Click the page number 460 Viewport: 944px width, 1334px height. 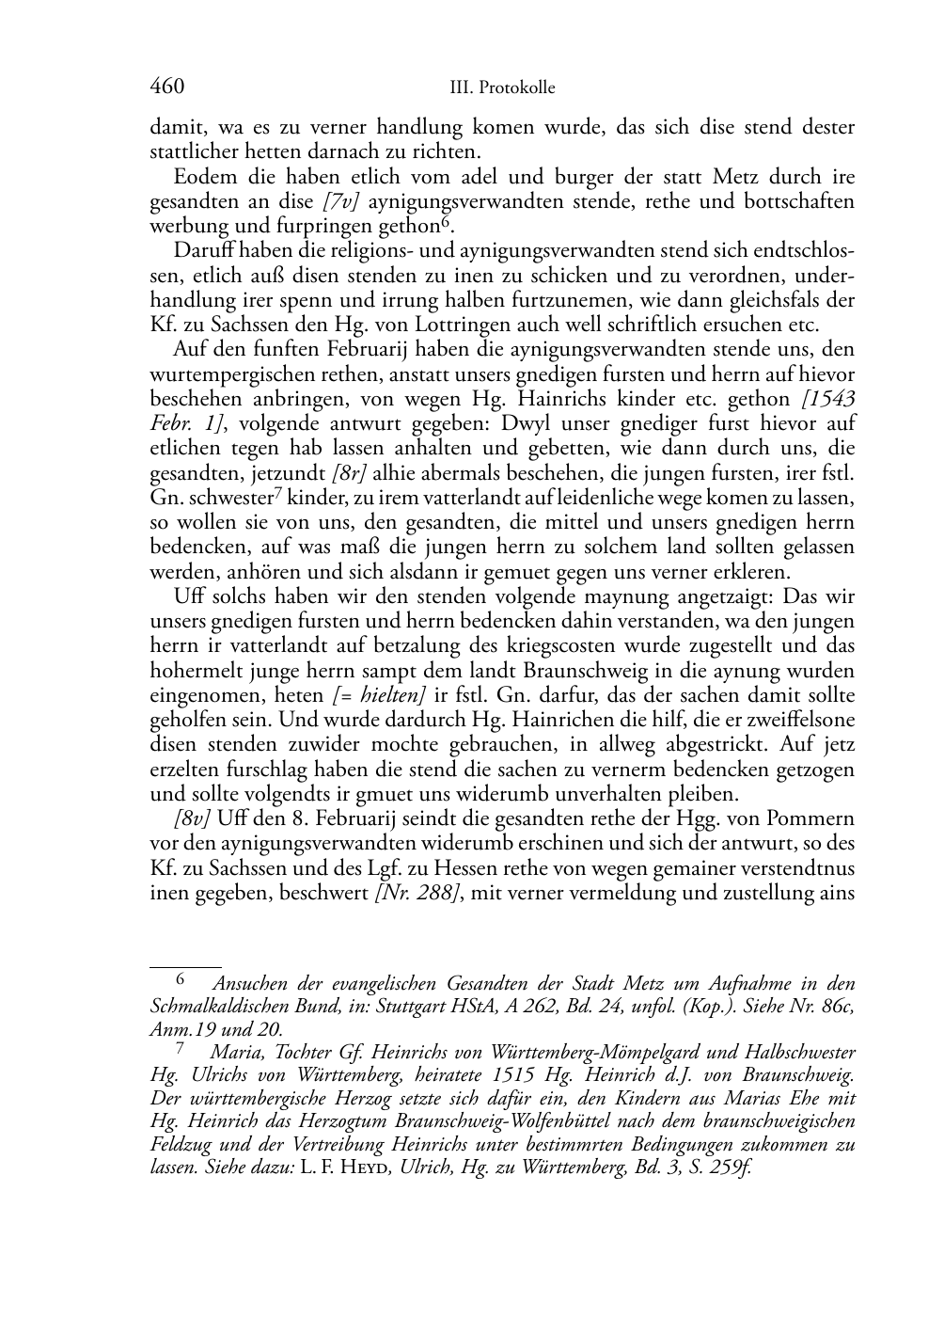pyautogui.click(x=166, y=87)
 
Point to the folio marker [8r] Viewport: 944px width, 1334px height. pyautogui.click(x=352, y=471)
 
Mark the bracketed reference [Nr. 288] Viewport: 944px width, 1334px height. pyautogui.click(x=417, y=890)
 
